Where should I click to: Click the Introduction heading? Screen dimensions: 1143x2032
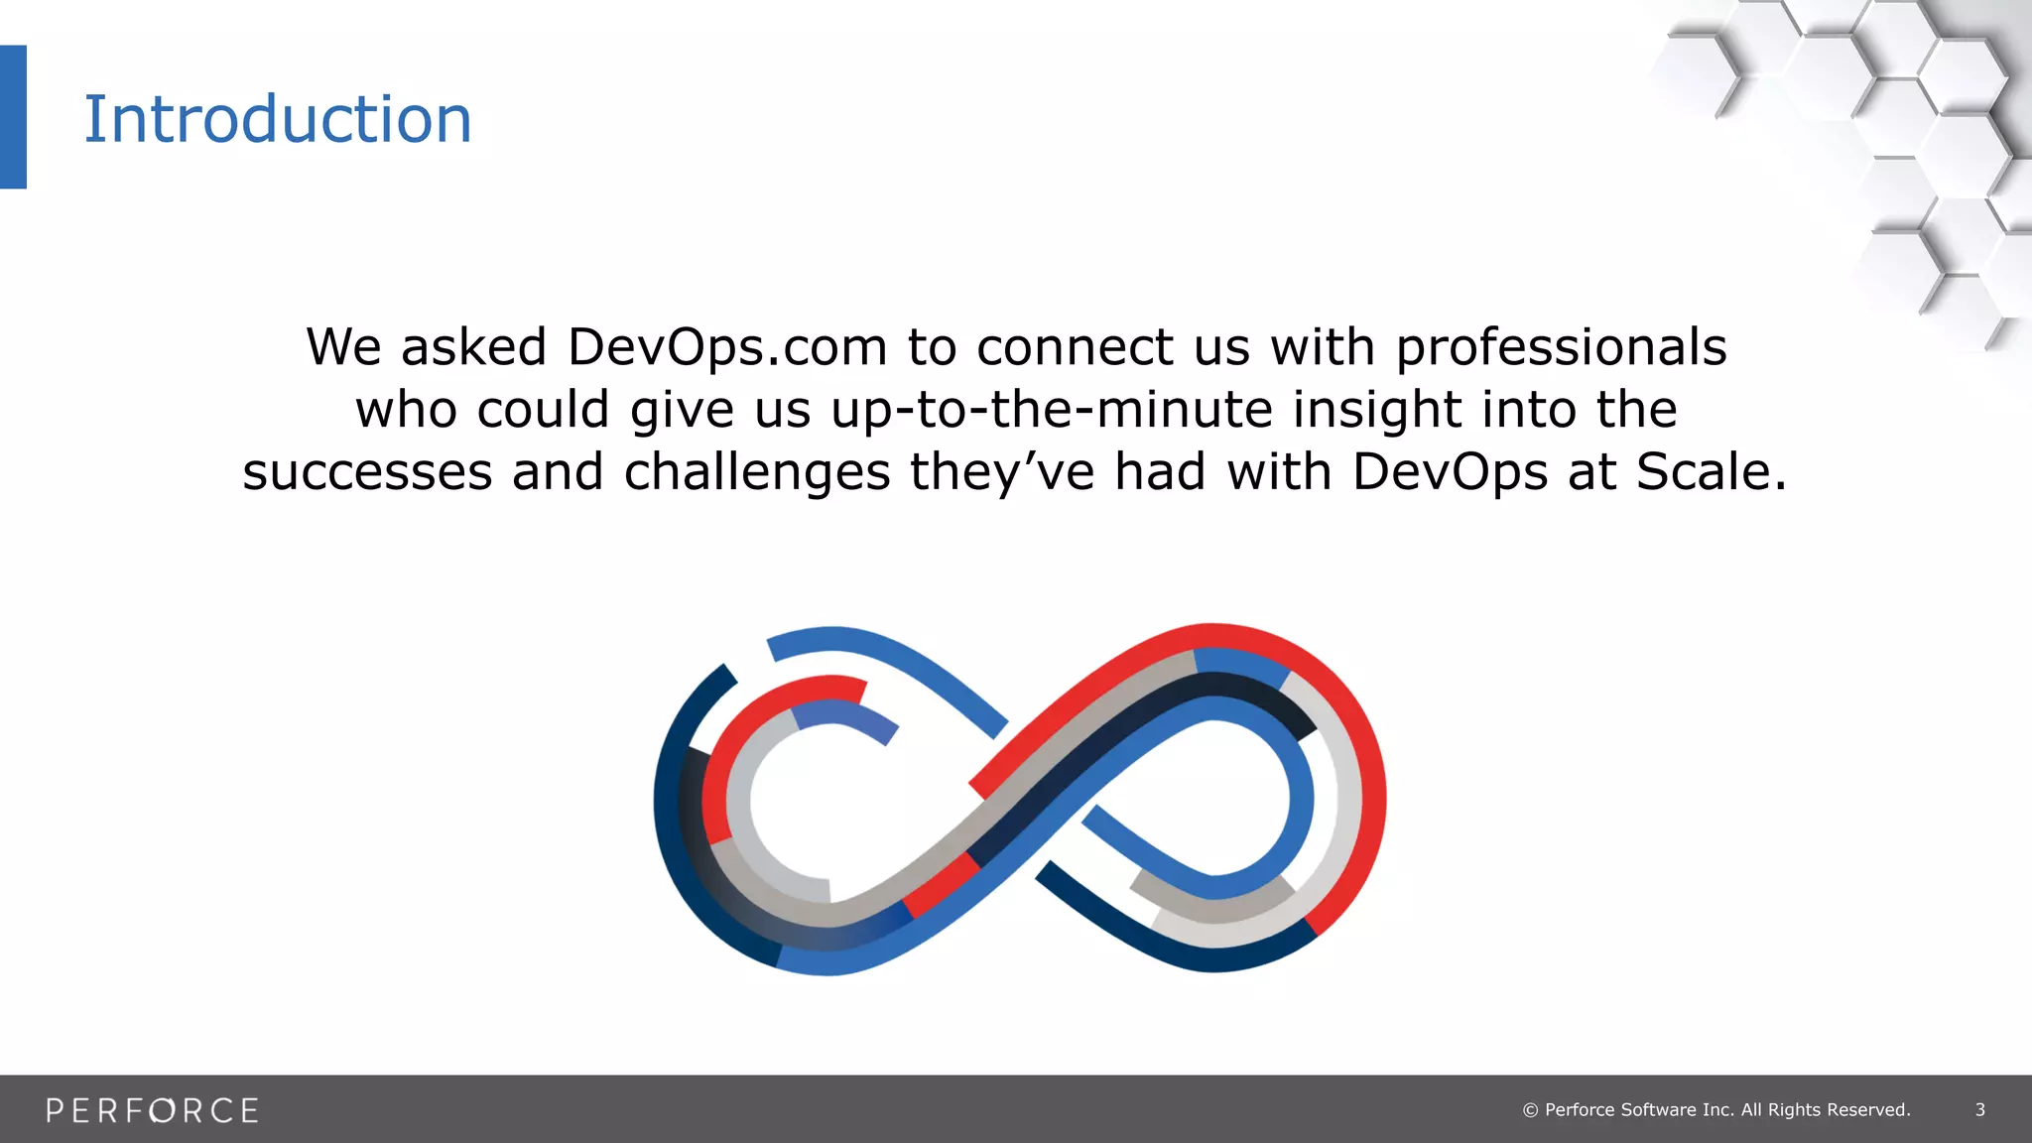277,119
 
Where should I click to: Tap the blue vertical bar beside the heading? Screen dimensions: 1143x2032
13,116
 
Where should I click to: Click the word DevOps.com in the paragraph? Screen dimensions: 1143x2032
727,347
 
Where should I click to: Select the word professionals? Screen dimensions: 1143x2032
1562,347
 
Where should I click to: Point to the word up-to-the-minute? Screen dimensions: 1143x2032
1052,410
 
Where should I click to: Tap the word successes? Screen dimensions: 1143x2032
367,471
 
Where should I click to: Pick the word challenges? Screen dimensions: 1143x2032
756,471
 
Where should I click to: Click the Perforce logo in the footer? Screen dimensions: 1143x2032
152,1110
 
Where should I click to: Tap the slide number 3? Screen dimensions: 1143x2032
1979,1110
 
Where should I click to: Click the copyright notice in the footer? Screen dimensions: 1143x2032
1716,1110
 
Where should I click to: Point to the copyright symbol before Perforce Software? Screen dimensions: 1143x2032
1530,1110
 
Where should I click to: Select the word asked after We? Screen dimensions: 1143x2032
473,347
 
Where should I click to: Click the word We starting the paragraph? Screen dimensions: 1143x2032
343,347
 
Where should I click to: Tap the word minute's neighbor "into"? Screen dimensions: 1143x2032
1529,410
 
